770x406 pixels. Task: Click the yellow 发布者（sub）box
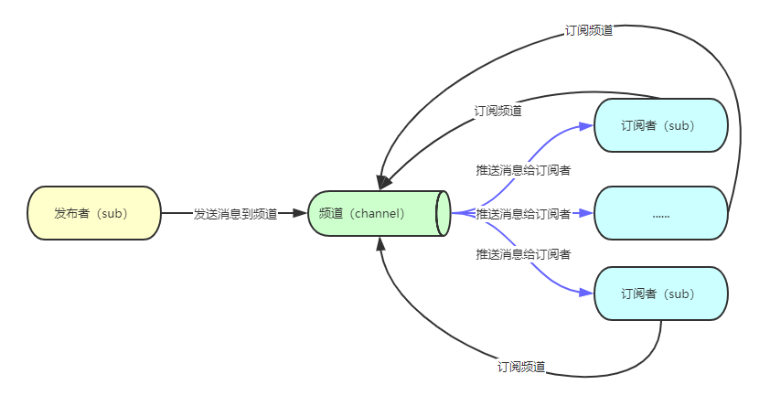pos(93,213)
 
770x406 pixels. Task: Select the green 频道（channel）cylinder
pos(375,213)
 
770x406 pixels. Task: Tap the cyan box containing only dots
pos(660,213)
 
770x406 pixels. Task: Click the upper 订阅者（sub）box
pos(660,124)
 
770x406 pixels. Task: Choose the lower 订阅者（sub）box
pos(660,294)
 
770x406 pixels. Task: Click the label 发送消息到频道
pos(235,214)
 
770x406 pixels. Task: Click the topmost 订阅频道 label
pos(589,30)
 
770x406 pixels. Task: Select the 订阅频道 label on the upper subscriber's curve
pos(498,111)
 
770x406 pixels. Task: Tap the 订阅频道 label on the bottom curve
pos(521,367)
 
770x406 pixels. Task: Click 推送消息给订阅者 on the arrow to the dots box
pos(523,214)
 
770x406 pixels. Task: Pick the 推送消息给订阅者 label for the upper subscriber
pos(523,170)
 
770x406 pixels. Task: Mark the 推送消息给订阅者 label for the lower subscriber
pos(523,253)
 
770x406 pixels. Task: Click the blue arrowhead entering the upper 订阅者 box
pos(586,124)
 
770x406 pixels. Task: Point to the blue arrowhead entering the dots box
pos(586,213)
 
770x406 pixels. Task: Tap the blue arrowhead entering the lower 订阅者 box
pos(586,294)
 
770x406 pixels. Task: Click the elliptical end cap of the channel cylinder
pos(444,213)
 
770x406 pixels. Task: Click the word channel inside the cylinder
pos(376,213)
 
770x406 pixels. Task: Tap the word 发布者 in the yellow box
pos(70,213)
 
